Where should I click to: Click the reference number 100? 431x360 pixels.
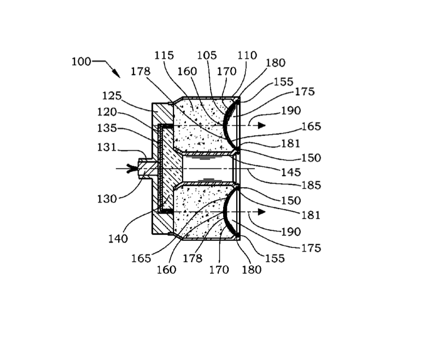[81, 61]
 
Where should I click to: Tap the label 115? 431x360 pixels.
[164, 55]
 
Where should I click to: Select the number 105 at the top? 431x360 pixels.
[207, 55]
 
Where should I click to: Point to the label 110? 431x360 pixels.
[247, 55]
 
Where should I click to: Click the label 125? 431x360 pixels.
[112, 96]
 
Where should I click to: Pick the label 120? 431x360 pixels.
[107, 112]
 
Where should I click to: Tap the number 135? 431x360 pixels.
[107, 128]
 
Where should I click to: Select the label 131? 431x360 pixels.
[107, 147]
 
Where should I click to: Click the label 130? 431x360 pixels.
[107, 199]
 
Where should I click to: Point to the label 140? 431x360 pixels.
[118, 239]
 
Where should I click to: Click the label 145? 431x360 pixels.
[291, 172]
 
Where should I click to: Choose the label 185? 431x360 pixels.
[311, 185]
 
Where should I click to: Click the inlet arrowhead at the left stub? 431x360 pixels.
[132, 169]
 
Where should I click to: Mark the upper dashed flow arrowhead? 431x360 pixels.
[261, 125]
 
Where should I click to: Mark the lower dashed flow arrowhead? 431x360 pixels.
[261, 212]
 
